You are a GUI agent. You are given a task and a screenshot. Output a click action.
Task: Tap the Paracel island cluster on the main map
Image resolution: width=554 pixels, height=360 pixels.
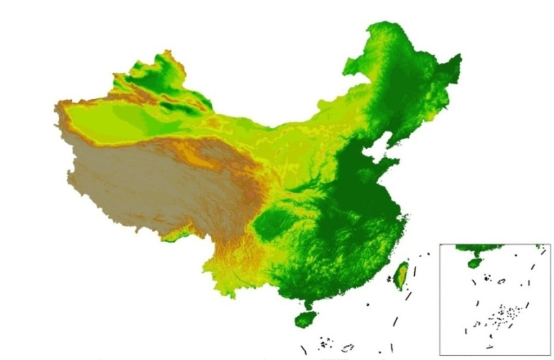324,341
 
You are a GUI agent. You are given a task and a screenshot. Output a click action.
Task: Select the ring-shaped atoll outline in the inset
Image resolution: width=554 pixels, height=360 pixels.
501,280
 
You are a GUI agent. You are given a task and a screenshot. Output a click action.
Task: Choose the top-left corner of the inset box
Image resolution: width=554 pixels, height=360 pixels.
440,244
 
